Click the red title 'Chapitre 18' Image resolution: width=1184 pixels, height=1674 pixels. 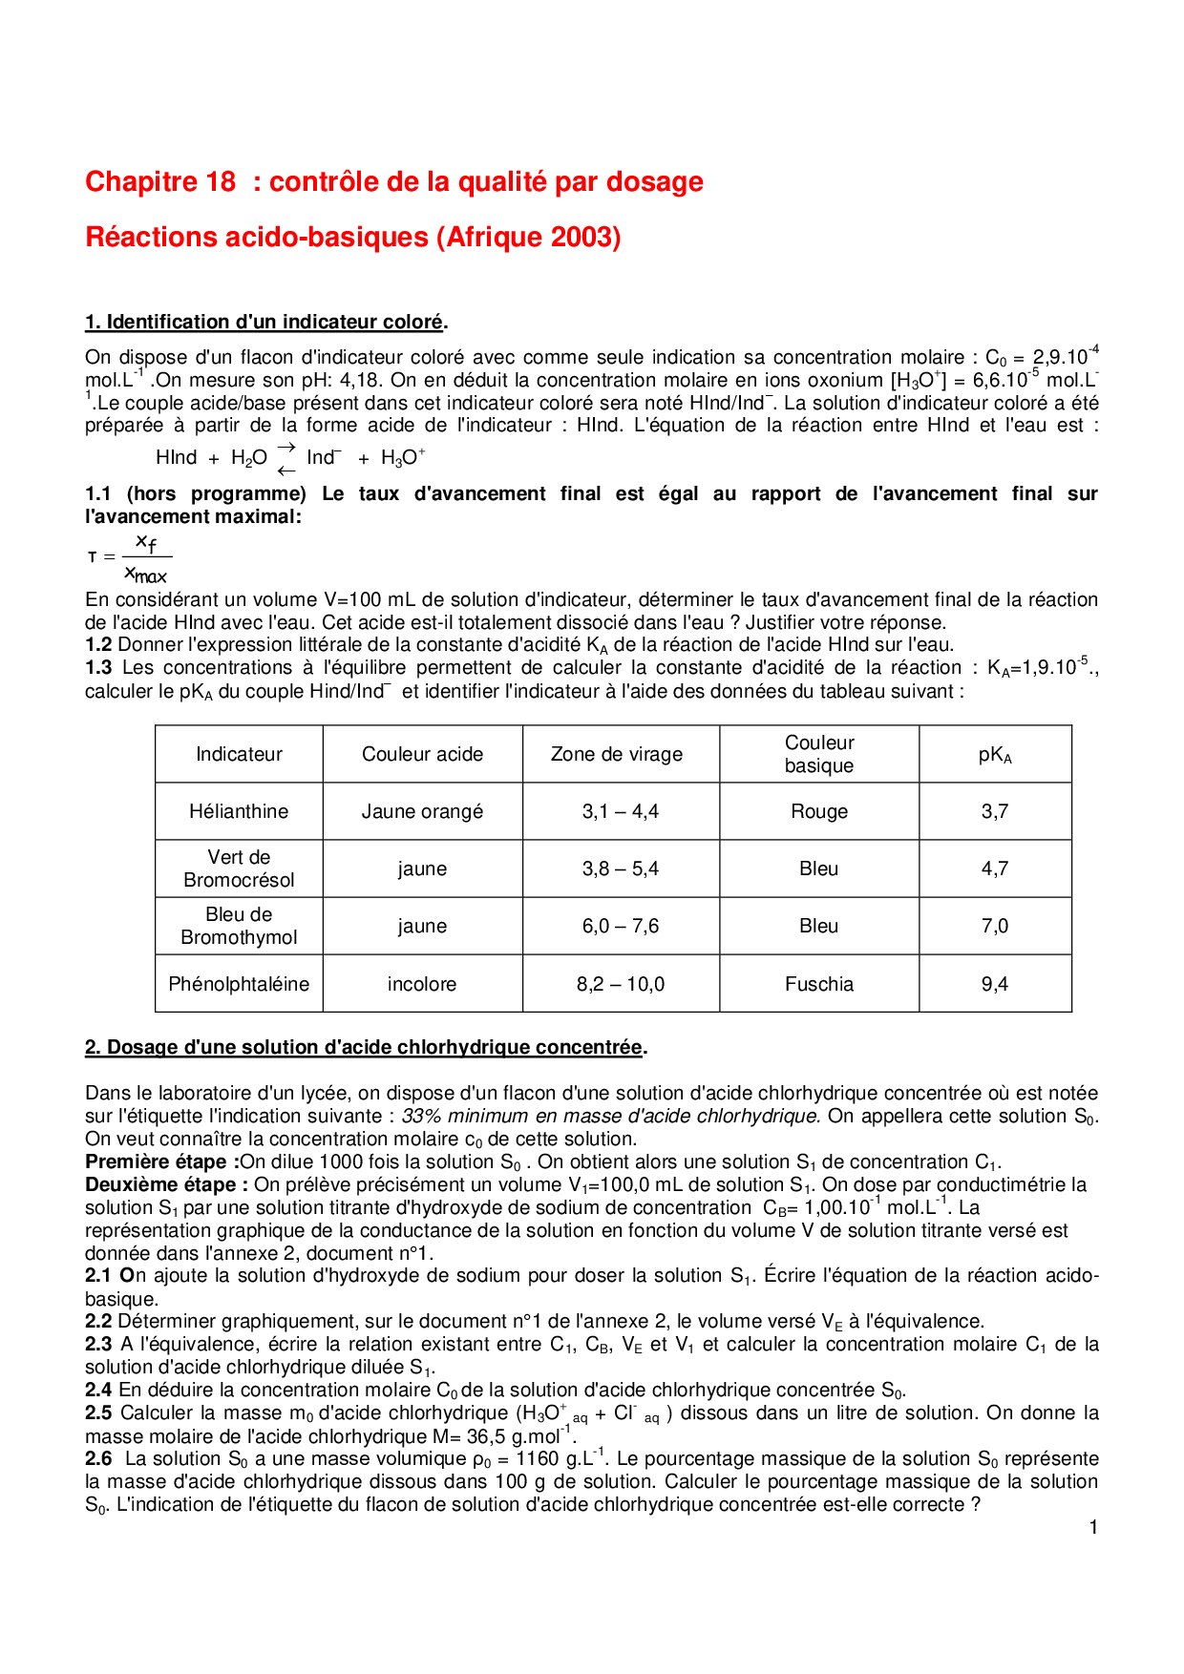160,181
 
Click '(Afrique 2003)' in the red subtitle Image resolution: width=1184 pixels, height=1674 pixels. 528,237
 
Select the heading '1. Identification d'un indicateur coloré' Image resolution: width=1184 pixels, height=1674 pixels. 264,323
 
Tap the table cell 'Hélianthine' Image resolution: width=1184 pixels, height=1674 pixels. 239,811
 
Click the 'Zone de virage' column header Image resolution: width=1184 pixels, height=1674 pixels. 617,754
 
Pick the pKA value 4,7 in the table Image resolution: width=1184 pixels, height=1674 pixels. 995,868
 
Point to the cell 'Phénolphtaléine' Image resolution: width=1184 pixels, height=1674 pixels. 239,984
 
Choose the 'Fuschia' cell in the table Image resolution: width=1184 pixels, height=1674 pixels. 819,984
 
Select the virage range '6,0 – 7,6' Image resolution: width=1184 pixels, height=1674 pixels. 621,926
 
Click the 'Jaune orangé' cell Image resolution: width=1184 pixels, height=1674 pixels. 422,811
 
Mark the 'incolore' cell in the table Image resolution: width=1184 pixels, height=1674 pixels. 422,984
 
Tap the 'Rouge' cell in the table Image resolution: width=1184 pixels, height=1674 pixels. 819,811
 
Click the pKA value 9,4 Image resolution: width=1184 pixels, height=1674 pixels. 995,984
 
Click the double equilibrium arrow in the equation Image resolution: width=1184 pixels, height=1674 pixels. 286,459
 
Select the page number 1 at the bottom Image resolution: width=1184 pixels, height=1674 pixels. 1093,1527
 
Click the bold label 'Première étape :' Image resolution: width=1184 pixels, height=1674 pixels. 161,1161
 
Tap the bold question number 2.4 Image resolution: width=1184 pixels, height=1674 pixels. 98,1390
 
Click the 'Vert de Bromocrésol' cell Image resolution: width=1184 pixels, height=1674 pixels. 239,868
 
